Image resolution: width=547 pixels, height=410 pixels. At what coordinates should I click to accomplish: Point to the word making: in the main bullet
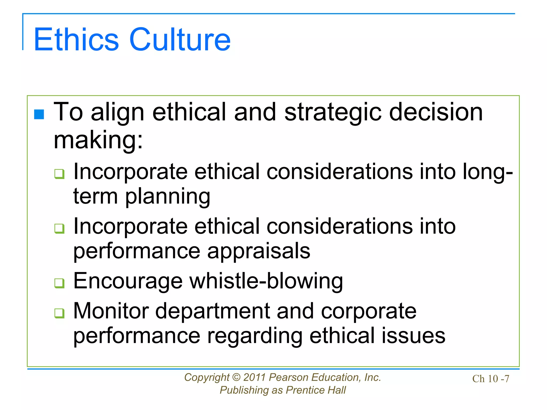tap(98, 140)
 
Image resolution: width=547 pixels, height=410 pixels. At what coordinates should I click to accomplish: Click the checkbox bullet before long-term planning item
tap(59, 174)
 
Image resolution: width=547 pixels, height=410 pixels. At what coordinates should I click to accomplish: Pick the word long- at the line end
tap(487, 172)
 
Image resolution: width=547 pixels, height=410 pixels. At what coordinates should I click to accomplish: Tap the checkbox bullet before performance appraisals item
tap(59, 228)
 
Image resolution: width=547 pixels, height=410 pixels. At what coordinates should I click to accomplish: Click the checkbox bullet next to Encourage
tap(59, 283)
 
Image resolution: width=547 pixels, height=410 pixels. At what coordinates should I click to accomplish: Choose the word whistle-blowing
tap(266, 281)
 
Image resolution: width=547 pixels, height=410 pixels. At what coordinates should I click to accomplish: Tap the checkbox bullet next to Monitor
tap(59, 313)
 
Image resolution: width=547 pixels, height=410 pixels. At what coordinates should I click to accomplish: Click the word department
tap(213, 311)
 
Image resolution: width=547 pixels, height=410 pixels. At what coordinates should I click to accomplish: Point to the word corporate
tap(369, 311)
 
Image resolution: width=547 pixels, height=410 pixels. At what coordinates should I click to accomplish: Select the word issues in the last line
tap(413, 336)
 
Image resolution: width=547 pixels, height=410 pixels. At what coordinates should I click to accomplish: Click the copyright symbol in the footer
tap(236, 377)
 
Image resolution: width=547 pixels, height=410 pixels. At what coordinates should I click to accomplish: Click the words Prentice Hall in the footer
tap(316, 390)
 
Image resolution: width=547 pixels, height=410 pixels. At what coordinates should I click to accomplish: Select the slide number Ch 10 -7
tap(491, 379)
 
